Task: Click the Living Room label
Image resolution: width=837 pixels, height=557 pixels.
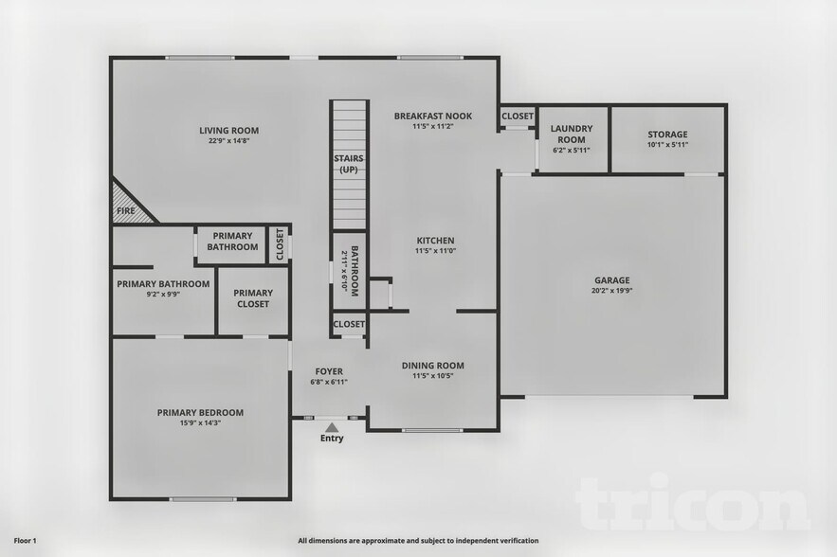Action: pos(228,131)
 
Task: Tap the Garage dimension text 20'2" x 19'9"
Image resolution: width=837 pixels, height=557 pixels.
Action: pos(611,292)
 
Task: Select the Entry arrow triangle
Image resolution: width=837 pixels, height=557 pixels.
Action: pos(332,428)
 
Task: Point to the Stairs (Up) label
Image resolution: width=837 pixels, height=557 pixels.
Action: pos(348,164)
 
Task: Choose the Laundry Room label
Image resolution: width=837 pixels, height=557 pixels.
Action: pos(572,134)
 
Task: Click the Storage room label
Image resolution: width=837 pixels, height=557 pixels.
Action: pos(667,135)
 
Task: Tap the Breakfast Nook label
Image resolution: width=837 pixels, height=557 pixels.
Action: pos(433,116)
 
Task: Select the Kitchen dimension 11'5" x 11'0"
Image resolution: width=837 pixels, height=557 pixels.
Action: pos(435,251)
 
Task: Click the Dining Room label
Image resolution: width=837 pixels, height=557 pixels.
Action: pos(433,366)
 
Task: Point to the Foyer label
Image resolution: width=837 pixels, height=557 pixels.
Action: pos(329,371)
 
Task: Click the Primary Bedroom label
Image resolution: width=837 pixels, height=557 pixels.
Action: pos(200,412)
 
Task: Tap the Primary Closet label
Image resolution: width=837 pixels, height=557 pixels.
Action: pos(253,298)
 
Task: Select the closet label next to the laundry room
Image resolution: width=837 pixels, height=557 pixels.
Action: pos(518,117)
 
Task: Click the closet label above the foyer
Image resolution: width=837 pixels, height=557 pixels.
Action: pos(349,324)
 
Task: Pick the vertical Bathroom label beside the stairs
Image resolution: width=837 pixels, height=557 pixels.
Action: pos(354,271)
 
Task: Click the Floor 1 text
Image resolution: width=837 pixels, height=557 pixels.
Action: pos(25,540)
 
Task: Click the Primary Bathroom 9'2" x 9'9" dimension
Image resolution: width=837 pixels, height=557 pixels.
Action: pos(162,295)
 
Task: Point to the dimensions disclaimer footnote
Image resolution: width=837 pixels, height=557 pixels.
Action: pos(418,541)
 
